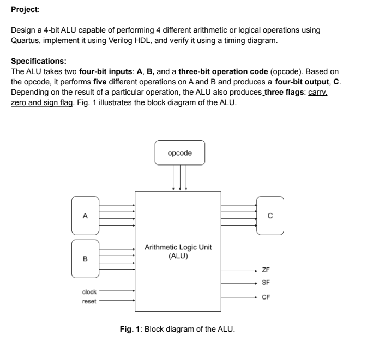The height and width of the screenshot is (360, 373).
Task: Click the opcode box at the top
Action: tap(180, 153)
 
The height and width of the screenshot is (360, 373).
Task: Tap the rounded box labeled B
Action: tap(85, 258)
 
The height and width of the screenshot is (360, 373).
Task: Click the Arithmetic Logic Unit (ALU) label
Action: tap(178, 251)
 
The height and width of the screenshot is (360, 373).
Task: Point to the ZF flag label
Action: tap(266, 270)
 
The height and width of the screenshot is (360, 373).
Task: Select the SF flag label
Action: tap(266, 283)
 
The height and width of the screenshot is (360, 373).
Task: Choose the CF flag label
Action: tap(266, 297)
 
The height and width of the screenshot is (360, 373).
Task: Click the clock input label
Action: tap(89, 291)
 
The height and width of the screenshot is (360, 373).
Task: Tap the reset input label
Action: tap(89, 301)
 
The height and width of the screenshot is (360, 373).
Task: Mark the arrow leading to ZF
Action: tap(240, 270)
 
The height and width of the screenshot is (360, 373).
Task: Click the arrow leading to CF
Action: tap(240, 297)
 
